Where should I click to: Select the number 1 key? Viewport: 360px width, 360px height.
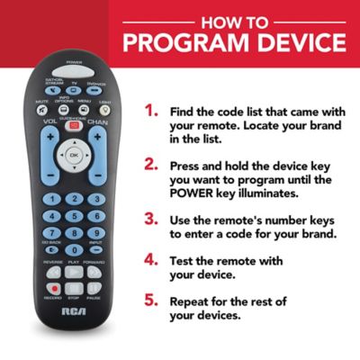click(x=53, y=200)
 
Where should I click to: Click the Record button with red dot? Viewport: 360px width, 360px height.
click(x=54, y=289)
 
